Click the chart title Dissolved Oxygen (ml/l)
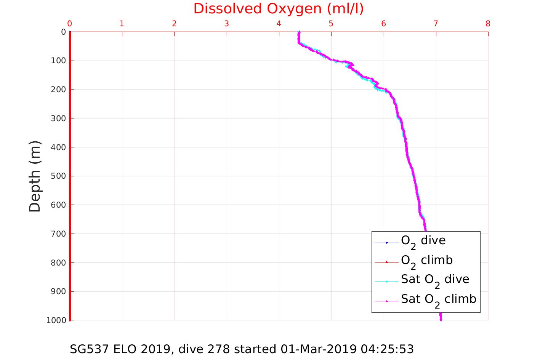pyautogui.click(x=279, y=9)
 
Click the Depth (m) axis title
pyautogui.click(x=35, y=176)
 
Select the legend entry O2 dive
pyautogui.click(x=423, y=241)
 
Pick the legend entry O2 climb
pyautogui.click(x=426, y=261)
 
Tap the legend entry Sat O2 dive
pyautogui.click(x=435, y=280)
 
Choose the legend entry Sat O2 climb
pyautogui.click(x=438, y=299)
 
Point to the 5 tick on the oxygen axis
pyautogui.click(x=331, y=24)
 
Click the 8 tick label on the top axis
pyautogui.click(x=488, y=24)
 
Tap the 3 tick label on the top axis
pyautogui.click(x=226, y=24)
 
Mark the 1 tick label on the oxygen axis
pyautogui.click(x=122, y=24)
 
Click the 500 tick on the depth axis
pyautogui.click(x=58, y=176)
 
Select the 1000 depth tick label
pyautogui.click(x=56, y=320)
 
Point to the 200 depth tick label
pyautogui.click(x=58, y=90)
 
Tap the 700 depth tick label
pyautogui.click(x=58, y=234)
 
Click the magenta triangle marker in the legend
pyautogui.click(x=387, y=301)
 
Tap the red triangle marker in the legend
pyautogui.click(x=387, y=262)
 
